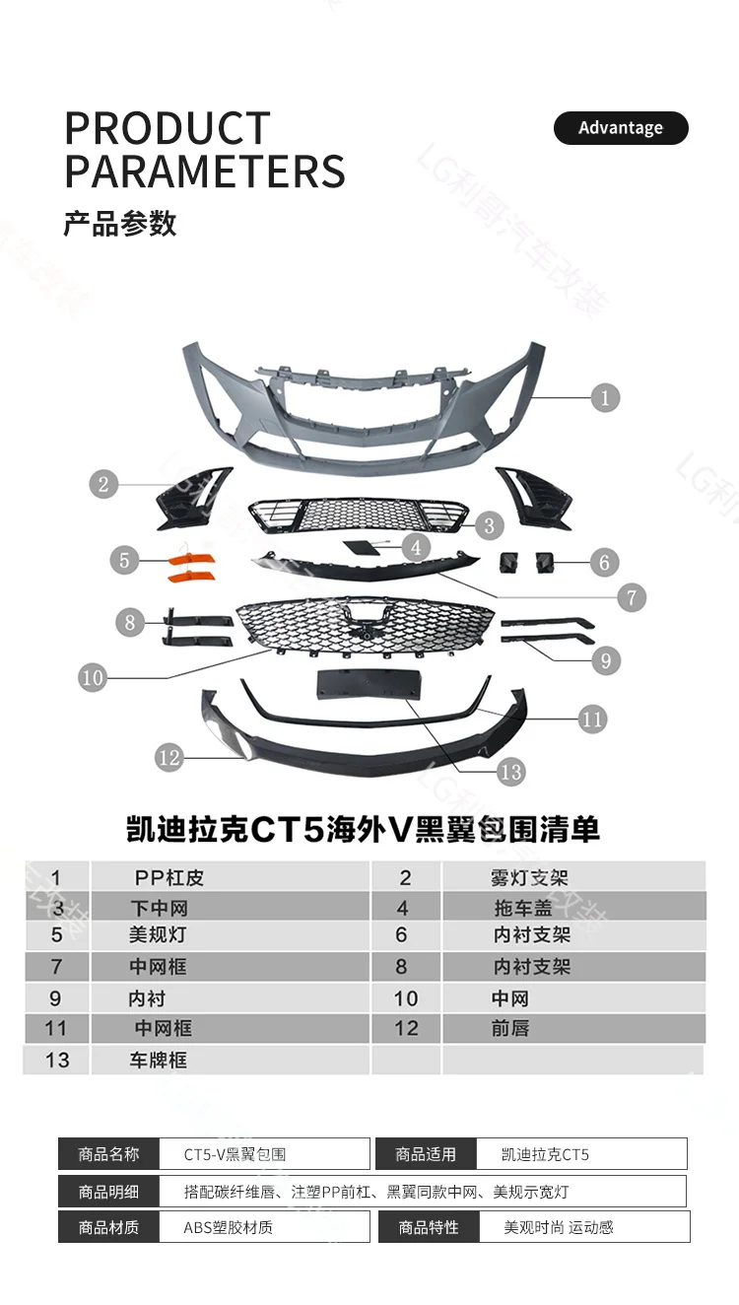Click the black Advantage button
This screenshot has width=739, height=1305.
click(621, 128)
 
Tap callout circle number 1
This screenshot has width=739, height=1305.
click(605, 398)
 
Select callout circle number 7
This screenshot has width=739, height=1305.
click(632, 596)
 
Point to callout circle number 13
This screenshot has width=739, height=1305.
click(510, 772)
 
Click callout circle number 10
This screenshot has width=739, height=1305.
click(93, 678)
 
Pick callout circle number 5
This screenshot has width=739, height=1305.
click(124, 561)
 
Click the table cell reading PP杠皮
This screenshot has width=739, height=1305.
click(168, 877)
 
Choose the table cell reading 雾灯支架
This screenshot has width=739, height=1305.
click(530, 877)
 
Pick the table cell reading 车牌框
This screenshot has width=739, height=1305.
click(158, 1061)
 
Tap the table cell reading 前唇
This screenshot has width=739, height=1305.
click(510, 1028)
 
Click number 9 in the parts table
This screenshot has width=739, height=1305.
click(55, 998)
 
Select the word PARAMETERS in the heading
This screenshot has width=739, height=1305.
click(205, 171)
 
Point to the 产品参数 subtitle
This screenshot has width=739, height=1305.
click(120, 224)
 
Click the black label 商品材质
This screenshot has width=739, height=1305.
click(108, 1227)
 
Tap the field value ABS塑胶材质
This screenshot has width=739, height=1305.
click(228, 1227)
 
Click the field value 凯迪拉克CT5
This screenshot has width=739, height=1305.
click(545, 1154)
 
